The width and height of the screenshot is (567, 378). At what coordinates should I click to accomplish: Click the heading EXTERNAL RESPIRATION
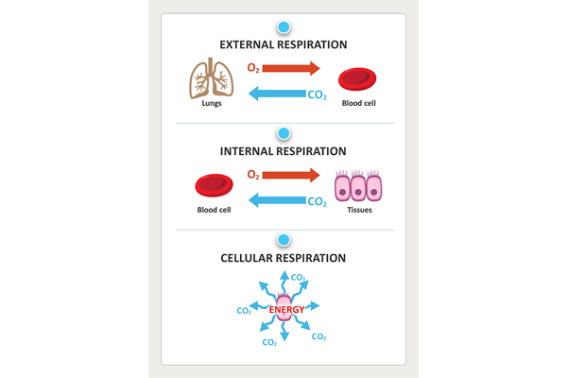point(283,44)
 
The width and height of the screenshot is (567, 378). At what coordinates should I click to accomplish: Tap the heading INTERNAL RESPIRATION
point(283,151)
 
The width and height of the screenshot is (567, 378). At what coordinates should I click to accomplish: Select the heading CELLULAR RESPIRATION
point(283,258)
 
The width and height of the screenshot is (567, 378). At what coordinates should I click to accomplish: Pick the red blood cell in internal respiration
point(214,186)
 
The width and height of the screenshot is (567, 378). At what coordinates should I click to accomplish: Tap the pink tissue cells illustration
point(358,185)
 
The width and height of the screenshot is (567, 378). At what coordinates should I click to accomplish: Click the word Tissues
point(358,210)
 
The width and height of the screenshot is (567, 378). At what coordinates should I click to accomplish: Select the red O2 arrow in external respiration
point(291,68)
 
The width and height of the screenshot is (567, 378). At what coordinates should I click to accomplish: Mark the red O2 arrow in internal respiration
point(291,175)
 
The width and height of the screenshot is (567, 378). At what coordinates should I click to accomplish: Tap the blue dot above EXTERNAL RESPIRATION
point(283,27)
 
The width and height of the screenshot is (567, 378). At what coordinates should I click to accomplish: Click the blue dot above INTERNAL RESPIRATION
point(283,134)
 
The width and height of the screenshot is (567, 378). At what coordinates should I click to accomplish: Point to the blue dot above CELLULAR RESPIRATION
point(283,241)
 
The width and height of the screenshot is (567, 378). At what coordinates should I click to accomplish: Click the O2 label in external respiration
point(253,68)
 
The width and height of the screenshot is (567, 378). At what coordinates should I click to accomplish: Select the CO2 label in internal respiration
point(318,201)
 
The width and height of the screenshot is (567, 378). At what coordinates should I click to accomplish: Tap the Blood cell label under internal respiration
point(214,210)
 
